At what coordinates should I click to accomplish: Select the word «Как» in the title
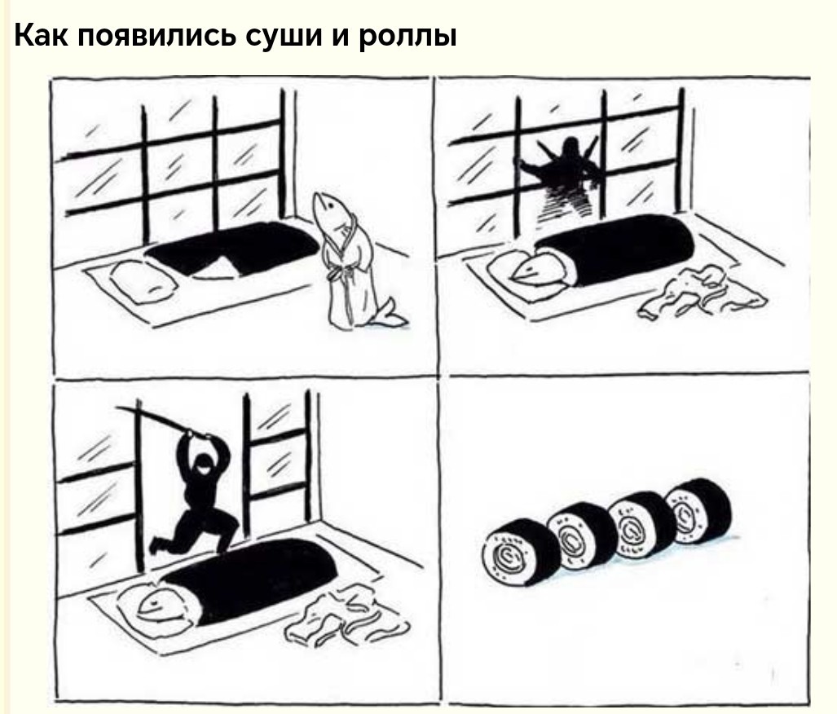41,35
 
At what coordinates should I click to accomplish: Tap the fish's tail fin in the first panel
390,315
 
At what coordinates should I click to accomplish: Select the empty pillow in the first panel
143,281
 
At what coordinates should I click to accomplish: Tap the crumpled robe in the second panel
699,293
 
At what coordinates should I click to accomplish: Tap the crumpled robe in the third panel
347,617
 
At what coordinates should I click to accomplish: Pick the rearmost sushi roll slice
698,510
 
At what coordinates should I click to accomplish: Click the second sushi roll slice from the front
582,535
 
